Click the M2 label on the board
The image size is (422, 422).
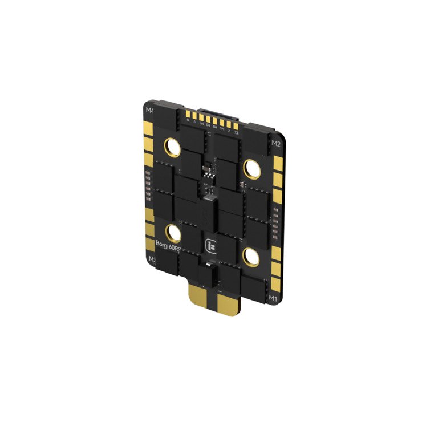coord(276,143)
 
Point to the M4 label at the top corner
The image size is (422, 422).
coord(151,110)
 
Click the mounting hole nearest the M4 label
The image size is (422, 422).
coord(173,148)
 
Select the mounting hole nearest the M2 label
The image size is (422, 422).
coord(251,167)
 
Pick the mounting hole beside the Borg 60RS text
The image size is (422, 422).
coord(173,232)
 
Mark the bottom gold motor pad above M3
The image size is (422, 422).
coord(149,242)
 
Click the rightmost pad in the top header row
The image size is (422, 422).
coord(236,127)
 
